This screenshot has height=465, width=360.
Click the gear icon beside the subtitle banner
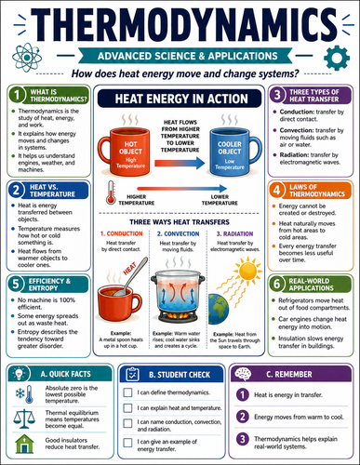coord(337,58)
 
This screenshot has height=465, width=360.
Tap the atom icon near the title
coord(27,58)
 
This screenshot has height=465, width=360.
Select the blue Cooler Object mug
coord(235,151)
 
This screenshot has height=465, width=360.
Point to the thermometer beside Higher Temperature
coord(111,193)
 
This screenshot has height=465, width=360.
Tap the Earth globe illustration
coord(219,309)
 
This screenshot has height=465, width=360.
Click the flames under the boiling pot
coord(179,316)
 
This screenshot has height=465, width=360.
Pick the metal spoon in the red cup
coord(131,276)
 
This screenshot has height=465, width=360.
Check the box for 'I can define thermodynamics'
coord(127,392)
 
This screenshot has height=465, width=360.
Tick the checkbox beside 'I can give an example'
coord(127,443)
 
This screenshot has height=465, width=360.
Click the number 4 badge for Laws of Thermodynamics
coord(276,190)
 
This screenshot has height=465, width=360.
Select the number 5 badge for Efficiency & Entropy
coord(16,284)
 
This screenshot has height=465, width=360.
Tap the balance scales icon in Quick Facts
coord(24,418)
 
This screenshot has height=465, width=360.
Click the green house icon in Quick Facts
coord(24,444)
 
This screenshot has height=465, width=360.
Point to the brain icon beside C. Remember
coord(243,374)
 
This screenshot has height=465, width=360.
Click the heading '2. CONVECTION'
coord(179,233)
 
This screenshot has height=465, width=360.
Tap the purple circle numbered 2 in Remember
coord(243,417)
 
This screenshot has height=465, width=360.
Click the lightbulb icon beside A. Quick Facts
coord(19,374)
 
